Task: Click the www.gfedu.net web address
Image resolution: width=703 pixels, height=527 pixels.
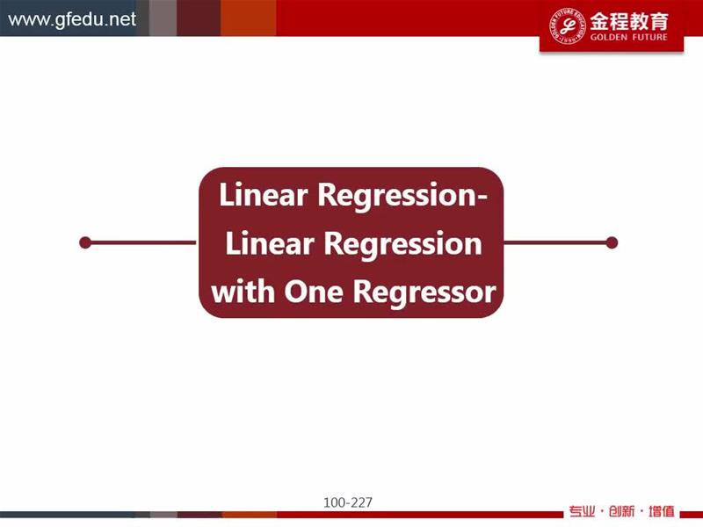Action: [x=72, y=19]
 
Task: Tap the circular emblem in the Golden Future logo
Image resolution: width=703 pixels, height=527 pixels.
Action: [x=568, y=26]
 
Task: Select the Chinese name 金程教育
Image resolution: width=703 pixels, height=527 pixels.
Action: [x=629, y=21]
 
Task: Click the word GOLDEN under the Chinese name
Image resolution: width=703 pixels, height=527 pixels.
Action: [x=608, y=37]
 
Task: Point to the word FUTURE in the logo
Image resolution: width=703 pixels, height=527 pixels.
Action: [x=649, y=37]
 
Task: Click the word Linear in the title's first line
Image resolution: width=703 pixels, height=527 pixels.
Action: [x=263, y=195]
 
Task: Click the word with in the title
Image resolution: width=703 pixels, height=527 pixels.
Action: [x=243, y=292]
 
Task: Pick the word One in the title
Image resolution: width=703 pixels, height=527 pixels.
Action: [x=314, y=292]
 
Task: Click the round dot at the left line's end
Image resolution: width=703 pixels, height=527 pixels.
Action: [x=85, y=242]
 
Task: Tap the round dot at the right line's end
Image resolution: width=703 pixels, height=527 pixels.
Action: [x=612, y=242]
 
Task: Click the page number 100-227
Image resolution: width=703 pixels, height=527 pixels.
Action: [x=348, y=502]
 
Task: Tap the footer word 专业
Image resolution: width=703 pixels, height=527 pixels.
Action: [x=582, y=511]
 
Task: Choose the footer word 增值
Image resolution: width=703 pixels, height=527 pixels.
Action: [x=662, y=511]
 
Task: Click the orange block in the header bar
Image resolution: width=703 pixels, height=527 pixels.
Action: [x=248, y=18]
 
